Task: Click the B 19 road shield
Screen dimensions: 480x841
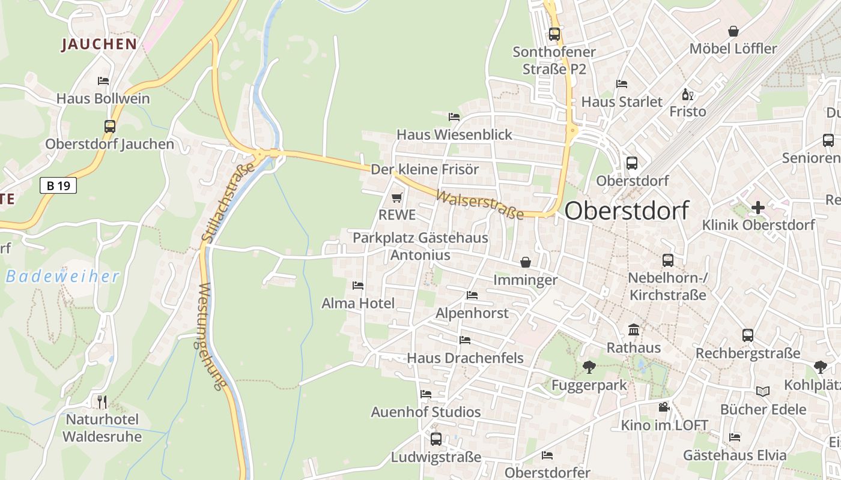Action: [x=58, y=185]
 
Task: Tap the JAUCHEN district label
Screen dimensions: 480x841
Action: [x=99, y=44]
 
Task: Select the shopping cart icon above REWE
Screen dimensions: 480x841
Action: [x=396, y=197]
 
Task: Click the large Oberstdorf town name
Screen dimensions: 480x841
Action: [x=627, y=211]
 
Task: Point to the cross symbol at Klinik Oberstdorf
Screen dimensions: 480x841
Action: [x=758, y=208]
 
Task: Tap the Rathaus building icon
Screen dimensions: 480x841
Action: [x=633, y=329]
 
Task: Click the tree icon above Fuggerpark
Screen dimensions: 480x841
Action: [x=589, y=367]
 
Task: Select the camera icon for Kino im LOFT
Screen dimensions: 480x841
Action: [x=664, y=407]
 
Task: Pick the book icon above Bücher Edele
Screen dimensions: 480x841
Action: [x=763, y=392]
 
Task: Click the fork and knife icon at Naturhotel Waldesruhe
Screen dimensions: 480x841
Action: [x=102, y=401]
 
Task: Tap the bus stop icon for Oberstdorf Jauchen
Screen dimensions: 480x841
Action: [x=109, y=127]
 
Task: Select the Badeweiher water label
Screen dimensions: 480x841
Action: [x=62, y=277]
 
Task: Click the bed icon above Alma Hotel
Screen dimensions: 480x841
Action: [x=358, y=286]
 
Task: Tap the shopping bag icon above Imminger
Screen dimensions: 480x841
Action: [x=526, y=262]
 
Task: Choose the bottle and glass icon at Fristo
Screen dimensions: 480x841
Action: [x=688, y=94]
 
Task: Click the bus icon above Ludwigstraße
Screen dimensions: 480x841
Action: [x=436, y=439]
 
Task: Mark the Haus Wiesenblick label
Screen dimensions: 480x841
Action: [x=454, y=134]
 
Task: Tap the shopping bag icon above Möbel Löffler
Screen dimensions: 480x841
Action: [x=733, y=31]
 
